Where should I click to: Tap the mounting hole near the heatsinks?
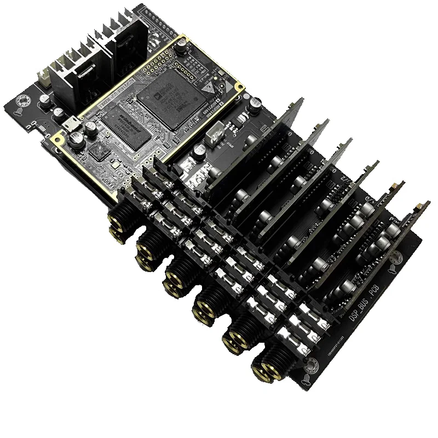click(x=23, y=102)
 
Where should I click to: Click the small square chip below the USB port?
click(x=99, y=152)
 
